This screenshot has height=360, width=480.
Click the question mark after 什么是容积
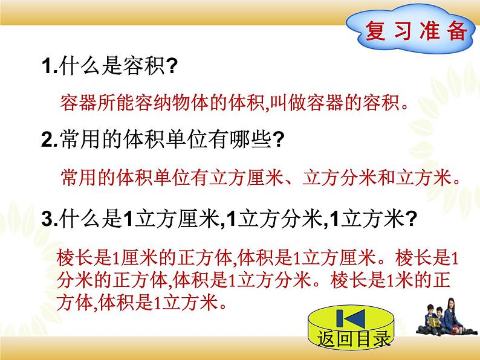[x=170, y=67]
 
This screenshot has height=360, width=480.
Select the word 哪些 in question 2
[x=255, y=141]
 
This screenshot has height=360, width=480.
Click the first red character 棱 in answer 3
[x=63, y=258]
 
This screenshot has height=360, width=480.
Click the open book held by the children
[x=428, y=329]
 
